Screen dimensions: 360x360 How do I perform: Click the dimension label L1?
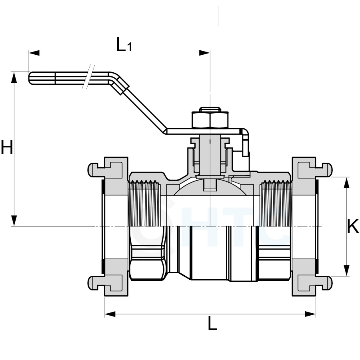point(124,45)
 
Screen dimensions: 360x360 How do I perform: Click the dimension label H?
point(7,148)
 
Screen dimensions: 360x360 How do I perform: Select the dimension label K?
point(352,227)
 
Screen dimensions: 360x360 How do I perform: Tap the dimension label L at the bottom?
point(212,323)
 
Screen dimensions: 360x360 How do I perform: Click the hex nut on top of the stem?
point(210,119)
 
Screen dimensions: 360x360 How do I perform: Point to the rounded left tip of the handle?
point(31,78)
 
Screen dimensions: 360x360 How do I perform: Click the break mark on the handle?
point(89,76)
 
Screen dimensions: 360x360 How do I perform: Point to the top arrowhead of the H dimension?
point(14,77)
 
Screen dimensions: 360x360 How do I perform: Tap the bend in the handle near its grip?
point(116,80)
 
